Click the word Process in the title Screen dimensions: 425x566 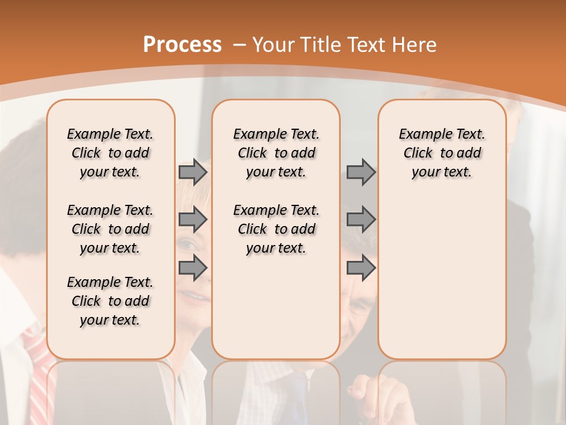182,45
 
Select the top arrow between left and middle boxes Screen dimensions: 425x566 193,172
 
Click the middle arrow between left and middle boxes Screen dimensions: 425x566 193,220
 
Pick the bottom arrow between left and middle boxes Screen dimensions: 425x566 193,267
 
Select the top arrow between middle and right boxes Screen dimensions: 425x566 361,172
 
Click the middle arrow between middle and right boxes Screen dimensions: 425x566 361,220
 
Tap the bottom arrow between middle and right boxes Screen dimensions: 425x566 361,267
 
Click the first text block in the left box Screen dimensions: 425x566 110,153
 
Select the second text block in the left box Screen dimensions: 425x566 110,229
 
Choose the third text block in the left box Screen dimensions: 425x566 110,301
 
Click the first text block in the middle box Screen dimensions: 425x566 276,153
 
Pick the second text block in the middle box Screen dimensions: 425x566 276,229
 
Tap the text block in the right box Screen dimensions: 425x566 442,153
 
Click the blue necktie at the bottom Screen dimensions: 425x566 298,401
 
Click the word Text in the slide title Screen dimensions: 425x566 365,45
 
